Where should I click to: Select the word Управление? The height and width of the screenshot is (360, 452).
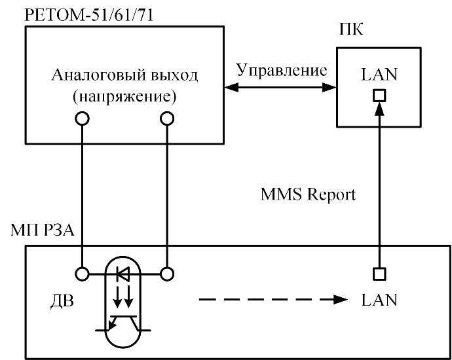coord(282,69)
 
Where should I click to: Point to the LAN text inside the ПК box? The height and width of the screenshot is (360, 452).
coord(379,75)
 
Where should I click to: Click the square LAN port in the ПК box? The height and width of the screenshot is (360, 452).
coord(379,96)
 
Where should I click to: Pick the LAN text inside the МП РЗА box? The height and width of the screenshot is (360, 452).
coord(379,300)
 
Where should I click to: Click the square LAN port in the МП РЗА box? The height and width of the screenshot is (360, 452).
coord(379,274)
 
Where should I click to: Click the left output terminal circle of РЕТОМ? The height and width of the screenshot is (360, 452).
coord(82,118)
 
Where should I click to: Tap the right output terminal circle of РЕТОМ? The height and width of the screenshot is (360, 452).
coord(167,118)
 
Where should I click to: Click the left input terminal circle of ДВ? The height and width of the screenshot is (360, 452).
coord(82,274)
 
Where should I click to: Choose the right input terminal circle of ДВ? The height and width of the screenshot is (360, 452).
coord(167,274)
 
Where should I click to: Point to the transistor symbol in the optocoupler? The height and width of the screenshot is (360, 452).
coord(124,322)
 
